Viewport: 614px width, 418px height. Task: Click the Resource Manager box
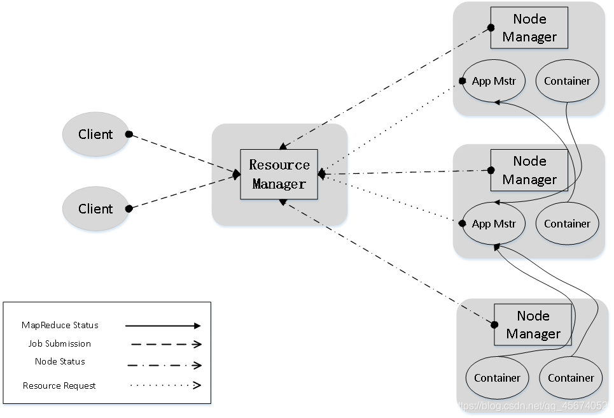279,174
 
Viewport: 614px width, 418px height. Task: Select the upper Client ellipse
95,134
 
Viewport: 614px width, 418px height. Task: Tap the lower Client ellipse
95,208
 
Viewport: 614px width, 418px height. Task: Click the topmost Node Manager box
529,28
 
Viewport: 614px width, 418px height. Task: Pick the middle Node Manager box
529,170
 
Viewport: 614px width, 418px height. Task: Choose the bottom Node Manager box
533,325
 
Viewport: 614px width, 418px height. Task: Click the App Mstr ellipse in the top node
493,81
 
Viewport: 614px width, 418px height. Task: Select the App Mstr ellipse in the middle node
493,224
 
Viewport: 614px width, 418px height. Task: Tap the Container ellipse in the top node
567,81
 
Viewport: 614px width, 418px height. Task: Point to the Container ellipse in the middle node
567,224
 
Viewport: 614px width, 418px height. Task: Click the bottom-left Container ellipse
497,378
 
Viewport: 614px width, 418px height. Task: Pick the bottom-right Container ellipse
571,378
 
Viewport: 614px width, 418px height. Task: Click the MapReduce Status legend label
60,325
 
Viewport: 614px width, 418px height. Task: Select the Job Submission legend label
60,343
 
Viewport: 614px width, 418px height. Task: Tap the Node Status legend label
60,361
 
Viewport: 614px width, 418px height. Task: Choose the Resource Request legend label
59,386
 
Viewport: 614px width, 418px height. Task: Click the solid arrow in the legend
163,326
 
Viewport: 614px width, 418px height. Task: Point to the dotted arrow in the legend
165,385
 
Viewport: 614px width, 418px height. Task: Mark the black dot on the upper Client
129,134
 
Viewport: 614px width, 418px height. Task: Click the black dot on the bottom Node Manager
494,325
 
